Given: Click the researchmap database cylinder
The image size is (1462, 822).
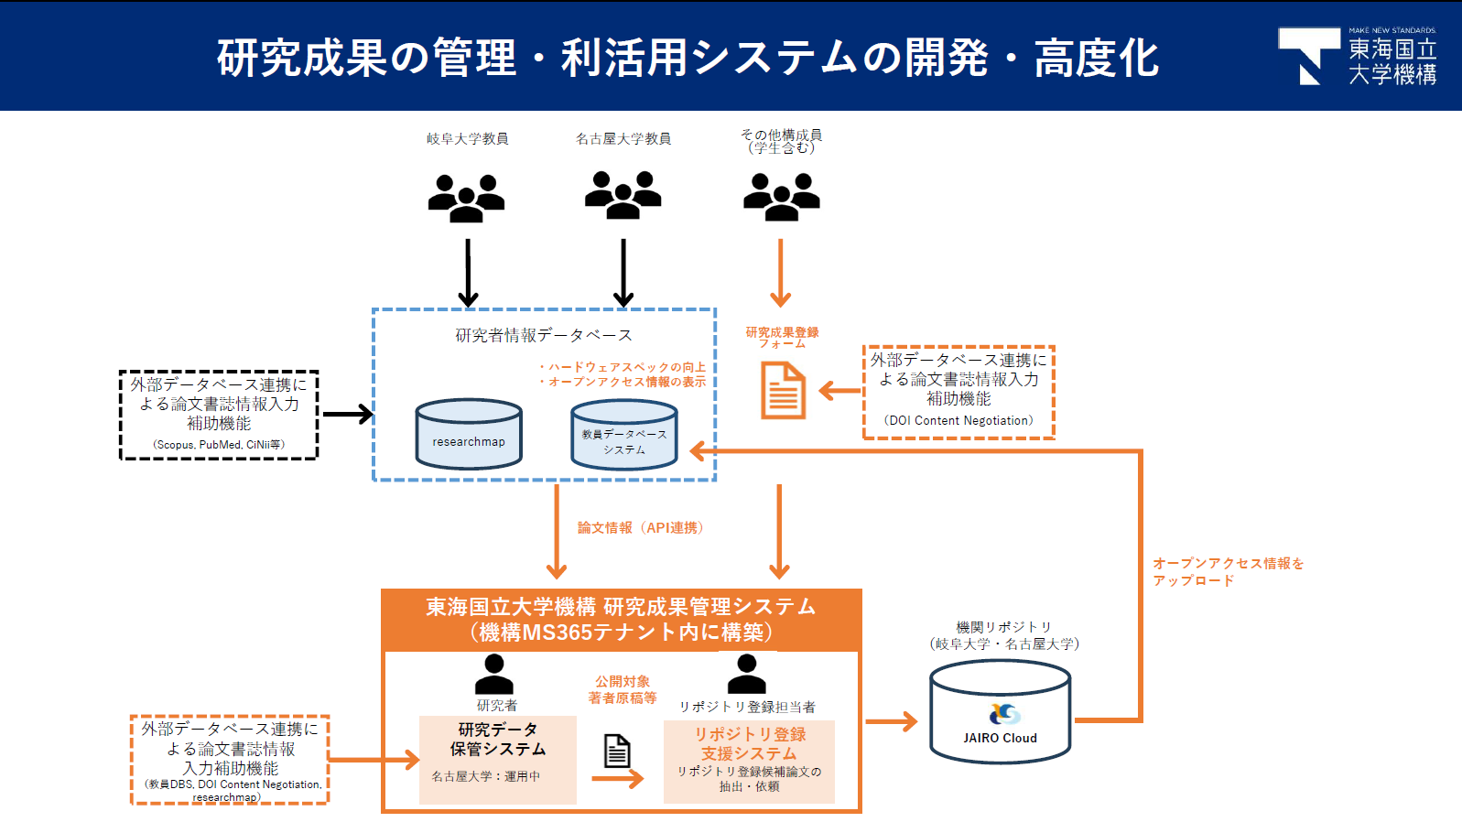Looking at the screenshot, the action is click(469, 434).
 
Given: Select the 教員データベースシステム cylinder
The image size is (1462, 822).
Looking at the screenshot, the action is click(624, 435).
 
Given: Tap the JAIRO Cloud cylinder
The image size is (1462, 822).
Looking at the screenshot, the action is click(1000, 711).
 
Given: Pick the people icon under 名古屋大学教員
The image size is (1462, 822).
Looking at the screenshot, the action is click(623, 195).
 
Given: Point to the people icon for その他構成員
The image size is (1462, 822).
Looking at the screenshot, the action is click(781, 197).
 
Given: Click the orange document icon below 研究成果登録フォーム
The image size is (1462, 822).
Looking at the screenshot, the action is click(783, 390).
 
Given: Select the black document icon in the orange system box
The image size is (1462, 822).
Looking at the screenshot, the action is click(617, 751).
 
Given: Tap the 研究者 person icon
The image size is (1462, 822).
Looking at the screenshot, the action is click(494, 674).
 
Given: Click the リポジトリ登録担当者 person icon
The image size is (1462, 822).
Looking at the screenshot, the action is click(747, 674).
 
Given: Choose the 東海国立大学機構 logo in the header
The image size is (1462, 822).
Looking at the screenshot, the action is click(1357, 56).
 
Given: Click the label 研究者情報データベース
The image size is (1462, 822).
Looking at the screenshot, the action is click(544, 335).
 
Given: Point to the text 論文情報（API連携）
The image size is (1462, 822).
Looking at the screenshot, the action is click(640, 528).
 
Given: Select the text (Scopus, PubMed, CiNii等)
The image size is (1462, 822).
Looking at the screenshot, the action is click(219, 445).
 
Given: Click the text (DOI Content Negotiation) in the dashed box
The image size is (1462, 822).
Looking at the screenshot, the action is click(958, 421).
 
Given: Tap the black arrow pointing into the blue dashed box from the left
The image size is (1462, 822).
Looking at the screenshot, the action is click(348, 415).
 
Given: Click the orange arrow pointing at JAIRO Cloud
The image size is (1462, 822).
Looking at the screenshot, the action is click(892, 721).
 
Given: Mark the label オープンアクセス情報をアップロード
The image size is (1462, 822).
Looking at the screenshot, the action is click(1228, 571).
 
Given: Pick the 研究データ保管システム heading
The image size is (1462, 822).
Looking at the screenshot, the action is click(498, 739).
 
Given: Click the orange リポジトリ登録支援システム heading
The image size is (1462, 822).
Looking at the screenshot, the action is click(749, 743).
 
